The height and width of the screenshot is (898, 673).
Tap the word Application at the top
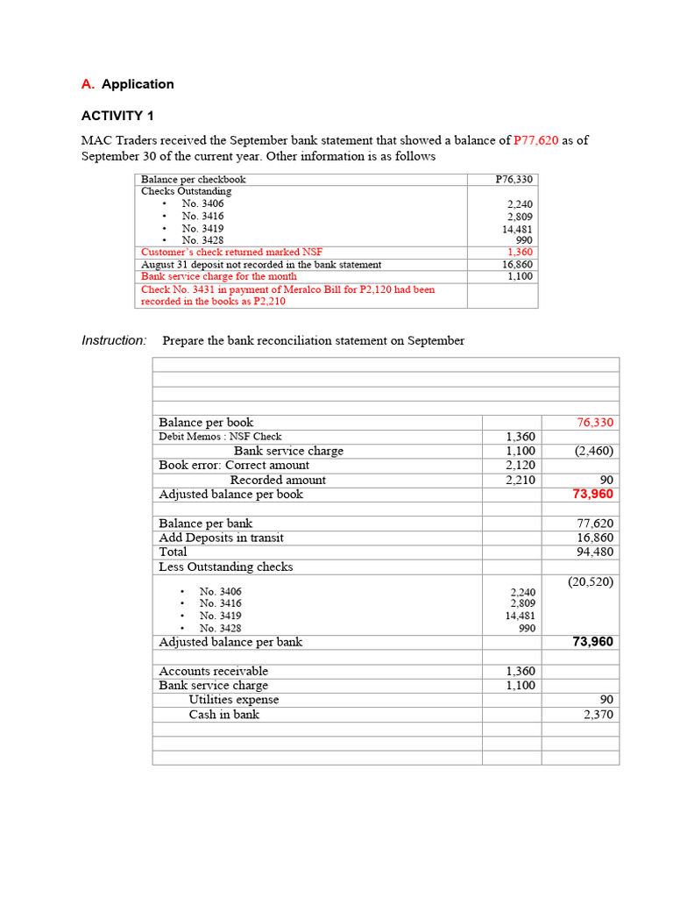click(x=138, y=84)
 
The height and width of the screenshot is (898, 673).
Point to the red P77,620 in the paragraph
click(x=535, y=140)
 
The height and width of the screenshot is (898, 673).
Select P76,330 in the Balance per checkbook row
click(x=514, y=179)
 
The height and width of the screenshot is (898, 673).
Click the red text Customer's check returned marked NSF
click(x=231, y=252)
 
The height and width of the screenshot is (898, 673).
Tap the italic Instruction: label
click(x=114, y=340)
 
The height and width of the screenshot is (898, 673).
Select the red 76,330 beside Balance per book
click(x=595, y=423)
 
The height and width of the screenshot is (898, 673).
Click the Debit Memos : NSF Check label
click(x=220, y=437)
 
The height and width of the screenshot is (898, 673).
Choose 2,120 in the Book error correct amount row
click(x=521, y=465)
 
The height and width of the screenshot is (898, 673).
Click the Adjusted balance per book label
click(x=230, y=495)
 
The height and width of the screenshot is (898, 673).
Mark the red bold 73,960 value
click(x=592, y=495)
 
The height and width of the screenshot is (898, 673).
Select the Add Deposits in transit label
click(x=221, y=538)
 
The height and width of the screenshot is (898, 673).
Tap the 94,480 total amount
click(x=595, y=552)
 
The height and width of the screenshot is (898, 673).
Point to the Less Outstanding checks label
click(x=225, y=567)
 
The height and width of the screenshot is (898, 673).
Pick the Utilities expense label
click(x=234, y=700)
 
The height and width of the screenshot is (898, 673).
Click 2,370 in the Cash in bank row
click(x=599, y=715)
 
